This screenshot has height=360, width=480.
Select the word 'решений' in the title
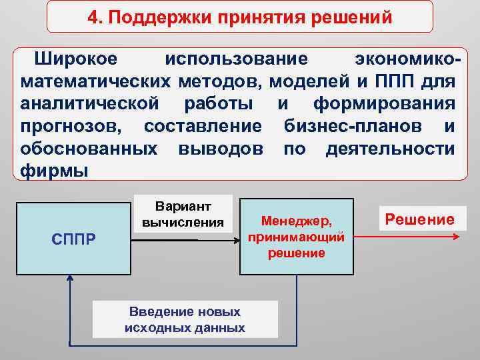[x=355, y=17]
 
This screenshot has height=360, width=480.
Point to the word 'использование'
[x=237, y=59]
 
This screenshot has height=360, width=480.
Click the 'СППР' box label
[x=73, y=239]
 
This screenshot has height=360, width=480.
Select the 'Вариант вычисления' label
[x=183, y=214]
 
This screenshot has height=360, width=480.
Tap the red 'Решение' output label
[x=419, y=219]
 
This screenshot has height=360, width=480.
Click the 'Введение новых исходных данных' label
[x=185, y=319]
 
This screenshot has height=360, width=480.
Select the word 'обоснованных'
[x=89, y=149]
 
